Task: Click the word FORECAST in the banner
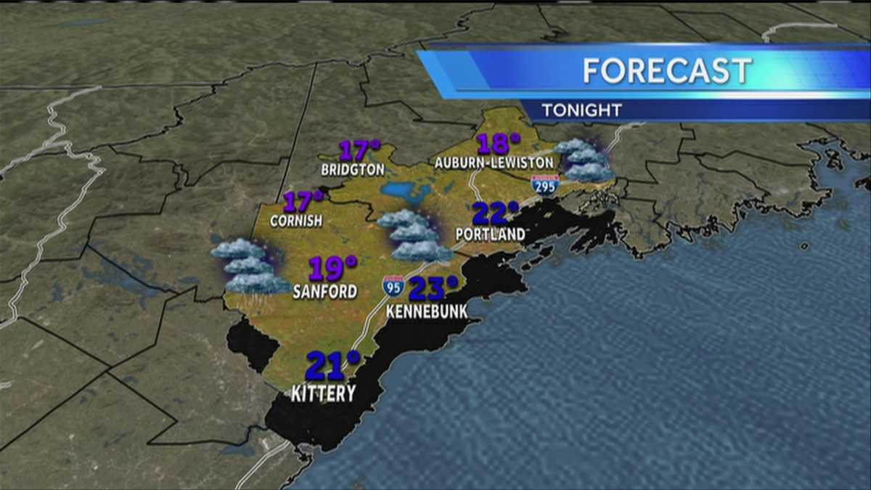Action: (x=667, y=70)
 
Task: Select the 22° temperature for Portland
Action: (x=496, y=214)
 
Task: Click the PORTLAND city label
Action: (x=491, y=234)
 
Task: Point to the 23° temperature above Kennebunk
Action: (x=433, y=289)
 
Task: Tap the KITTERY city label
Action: (x=323, y=393)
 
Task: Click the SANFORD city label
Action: (x=324, y=292)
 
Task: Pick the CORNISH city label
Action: (x=295, y=220)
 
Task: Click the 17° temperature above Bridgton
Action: (x=360, y=151)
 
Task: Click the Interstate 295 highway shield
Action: (x=544, y=184)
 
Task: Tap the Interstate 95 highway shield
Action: (x=393, y=285)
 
